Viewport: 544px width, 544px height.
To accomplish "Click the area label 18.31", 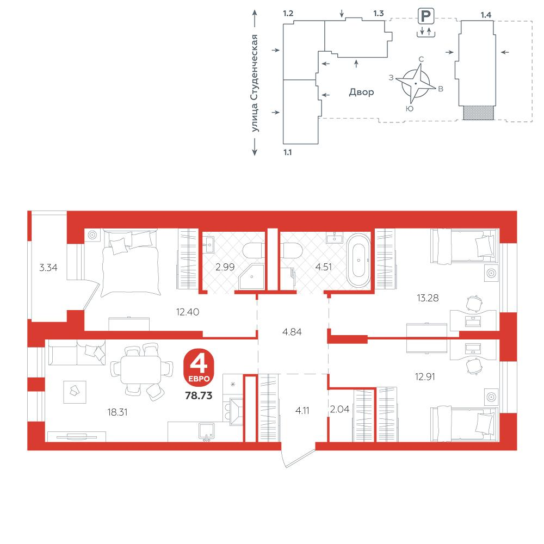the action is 118,412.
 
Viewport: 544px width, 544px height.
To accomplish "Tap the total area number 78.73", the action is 199,395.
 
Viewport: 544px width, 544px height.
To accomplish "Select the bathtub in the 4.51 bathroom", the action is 358,261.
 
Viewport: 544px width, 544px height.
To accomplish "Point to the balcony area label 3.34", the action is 48,268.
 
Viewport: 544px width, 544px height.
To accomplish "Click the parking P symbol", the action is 426,16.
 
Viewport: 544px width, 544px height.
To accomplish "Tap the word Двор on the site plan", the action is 362,92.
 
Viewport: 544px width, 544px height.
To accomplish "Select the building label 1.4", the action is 486,15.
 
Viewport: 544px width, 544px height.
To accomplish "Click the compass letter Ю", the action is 410,109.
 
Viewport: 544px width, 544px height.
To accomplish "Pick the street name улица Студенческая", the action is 255,83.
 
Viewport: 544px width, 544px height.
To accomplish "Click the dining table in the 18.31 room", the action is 141,370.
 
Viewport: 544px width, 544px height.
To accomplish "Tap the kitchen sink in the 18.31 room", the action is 206,431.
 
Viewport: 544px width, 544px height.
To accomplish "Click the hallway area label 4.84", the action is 292,332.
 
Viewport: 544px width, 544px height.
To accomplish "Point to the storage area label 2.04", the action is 339,410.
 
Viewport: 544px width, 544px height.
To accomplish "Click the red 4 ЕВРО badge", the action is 199,368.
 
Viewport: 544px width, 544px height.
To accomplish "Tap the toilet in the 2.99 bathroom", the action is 252,250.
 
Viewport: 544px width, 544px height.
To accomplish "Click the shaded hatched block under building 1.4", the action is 478,113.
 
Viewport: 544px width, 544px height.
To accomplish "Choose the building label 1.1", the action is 288,152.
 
